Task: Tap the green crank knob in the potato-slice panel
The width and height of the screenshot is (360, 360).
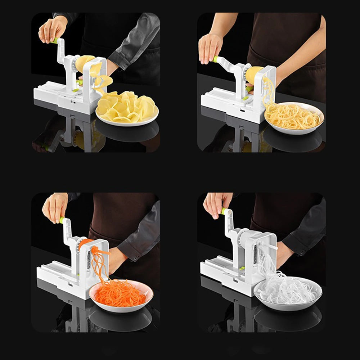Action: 55,41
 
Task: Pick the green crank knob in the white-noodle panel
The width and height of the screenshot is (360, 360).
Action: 223,211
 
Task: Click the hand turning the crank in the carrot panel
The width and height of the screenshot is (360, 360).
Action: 54,207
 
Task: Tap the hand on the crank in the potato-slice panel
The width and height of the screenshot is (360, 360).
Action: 52,29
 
